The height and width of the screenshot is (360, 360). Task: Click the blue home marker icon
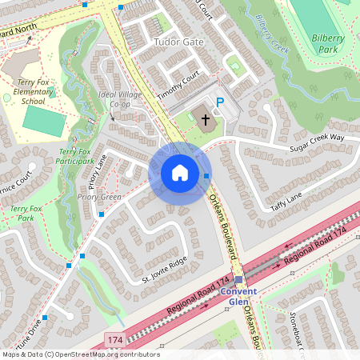click(179, 173)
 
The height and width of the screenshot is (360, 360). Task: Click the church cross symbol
click(205, 120)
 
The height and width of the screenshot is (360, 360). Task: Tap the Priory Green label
click(99, 197)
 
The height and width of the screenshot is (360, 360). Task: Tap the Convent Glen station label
click(238, 296)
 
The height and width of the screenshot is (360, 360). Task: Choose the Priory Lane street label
click(98, 171)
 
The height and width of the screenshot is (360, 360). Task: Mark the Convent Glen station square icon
click(238, 279)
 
